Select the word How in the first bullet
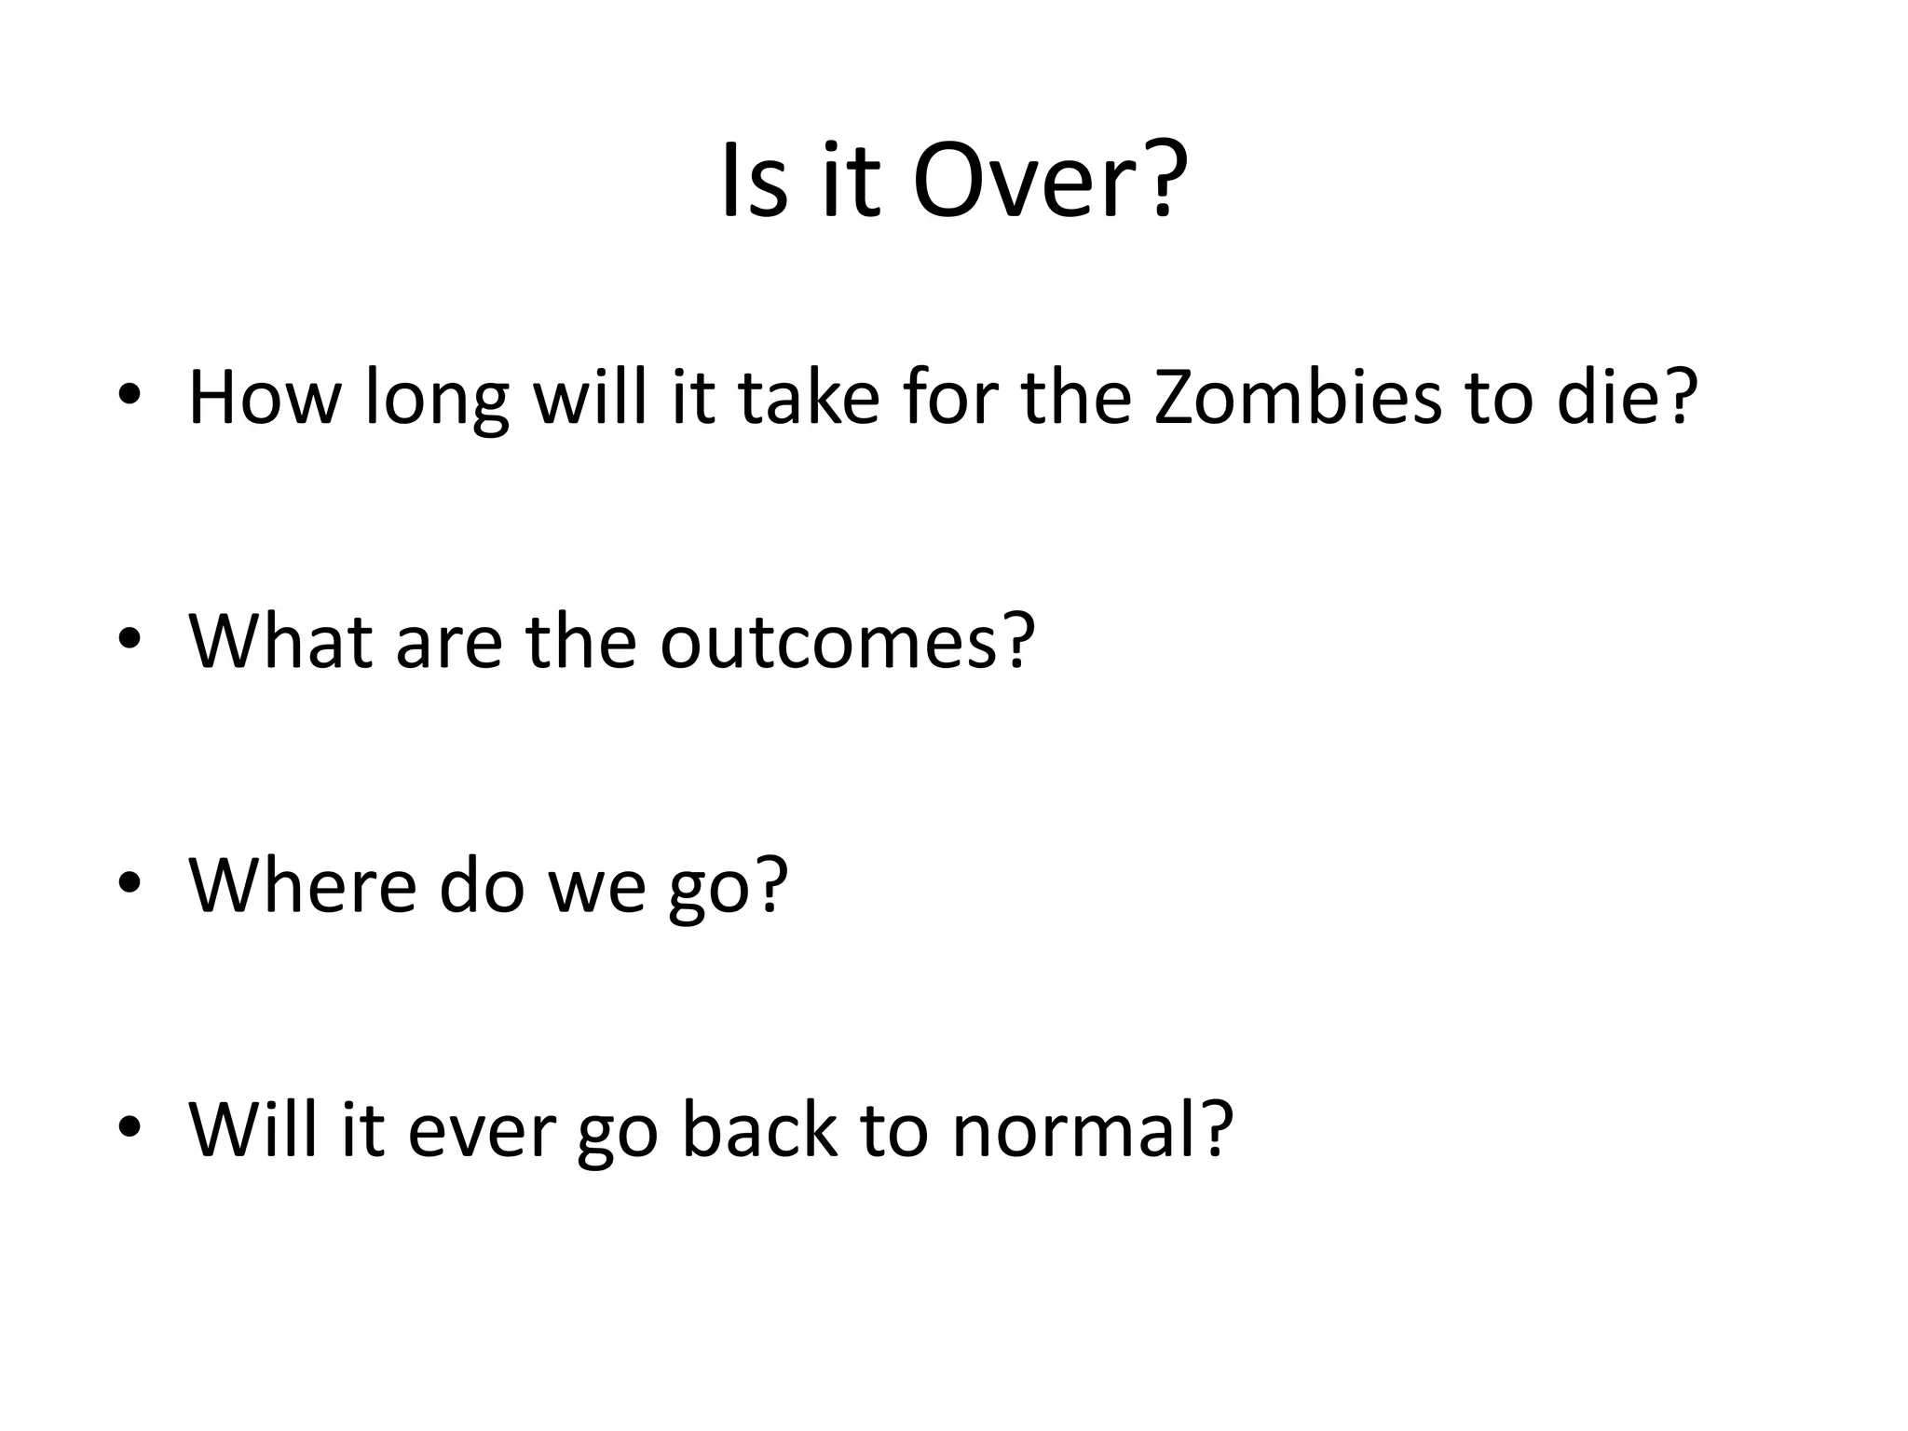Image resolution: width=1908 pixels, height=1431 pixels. (x=265, y=398)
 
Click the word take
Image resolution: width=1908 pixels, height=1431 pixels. (x=809, y=398)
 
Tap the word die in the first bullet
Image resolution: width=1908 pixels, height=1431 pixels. (x=1622, y=398)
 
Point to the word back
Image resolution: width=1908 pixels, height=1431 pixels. (x=758, y=1129)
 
